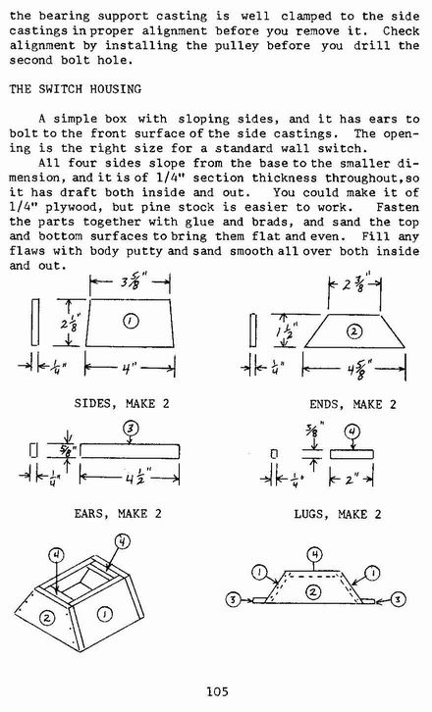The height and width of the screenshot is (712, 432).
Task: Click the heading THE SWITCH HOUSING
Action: point(75,88)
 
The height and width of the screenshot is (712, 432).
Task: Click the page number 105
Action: point(217,691)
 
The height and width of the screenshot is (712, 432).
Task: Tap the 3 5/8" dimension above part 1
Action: point(132,283)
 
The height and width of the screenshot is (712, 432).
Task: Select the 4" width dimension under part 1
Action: point(127,369)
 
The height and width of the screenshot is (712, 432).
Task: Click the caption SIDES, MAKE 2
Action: point(122,403)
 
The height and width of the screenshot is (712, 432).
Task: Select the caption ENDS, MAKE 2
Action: point(352,404)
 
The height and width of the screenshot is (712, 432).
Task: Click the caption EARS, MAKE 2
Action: point(118,514)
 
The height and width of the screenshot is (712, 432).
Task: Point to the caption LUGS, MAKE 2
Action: point(338,514)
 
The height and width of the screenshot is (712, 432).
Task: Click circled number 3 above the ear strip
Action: point(131,429)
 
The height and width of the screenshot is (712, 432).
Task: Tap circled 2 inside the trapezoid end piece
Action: point(354,331)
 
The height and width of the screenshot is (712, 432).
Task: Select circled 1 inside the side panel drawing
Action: point(131,321)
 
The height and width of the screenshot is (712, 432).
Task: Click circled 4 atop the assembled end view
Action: point(315,554)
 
